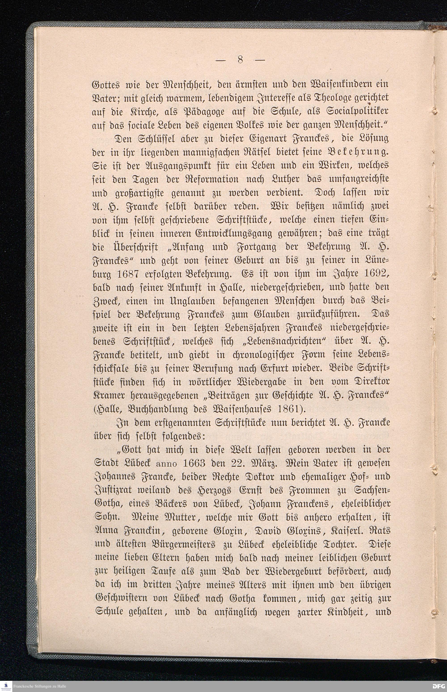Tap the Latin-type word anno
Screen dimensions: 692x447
[x=166, y=463]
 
